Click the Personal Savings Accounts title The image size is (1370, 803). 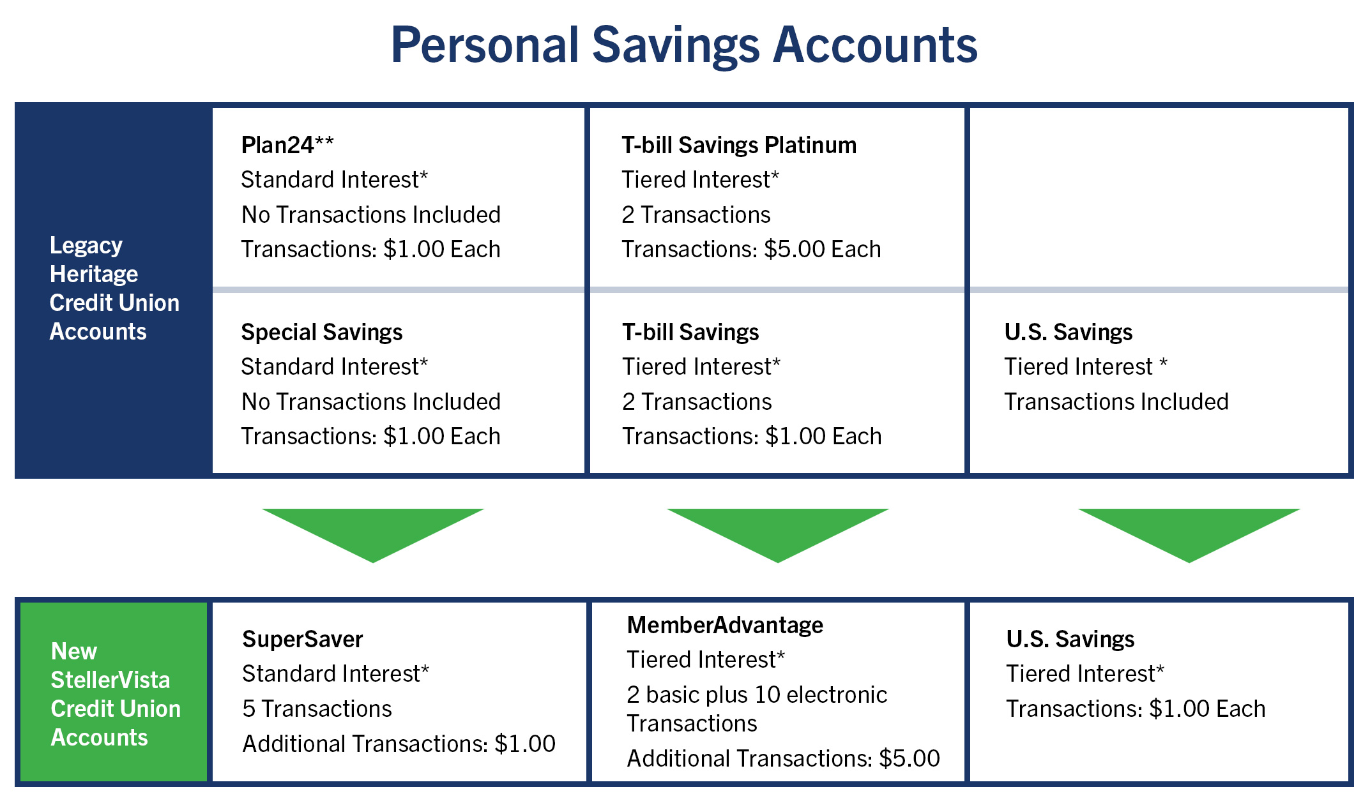(x=684, y=45)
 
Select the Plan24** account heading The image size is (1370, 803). (x=287, y=145)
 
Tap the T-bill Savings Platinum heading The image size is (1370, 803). (x=739, y=145)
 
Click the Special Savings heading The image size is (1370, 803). (x=322, y=332)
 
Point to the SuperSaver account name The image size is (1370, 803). (x=303, y=639)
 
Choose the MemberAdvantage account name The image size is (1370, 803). (x=725, y=625)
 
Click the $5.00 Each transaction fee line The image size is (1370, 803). (x=751, y=249)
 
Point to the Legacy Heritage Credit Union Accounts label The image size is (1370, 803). (x=114, y=289)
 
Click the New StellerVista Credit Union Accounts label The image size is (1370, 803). (x=116, y=694)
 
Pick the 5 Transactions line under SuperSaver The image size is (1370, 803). (x=317, y=709)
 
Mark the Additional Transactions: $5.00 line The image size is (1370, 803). (x=783, y=758)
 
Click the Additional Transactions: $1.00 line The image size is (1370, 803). (x=399, y=744)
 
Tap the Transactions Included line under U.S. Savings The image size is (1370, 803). (x=1116, y=401)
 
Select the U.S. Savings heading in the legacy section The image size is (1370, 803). (x=1069, y=332)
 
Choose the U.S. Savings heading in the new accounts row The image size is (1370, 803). (x=1070, y=639)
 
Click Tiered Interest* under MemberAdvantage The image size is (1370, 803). (x=706, y=659)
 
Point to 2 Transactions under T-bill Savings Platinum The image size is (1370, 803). (x=696, y=214)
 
